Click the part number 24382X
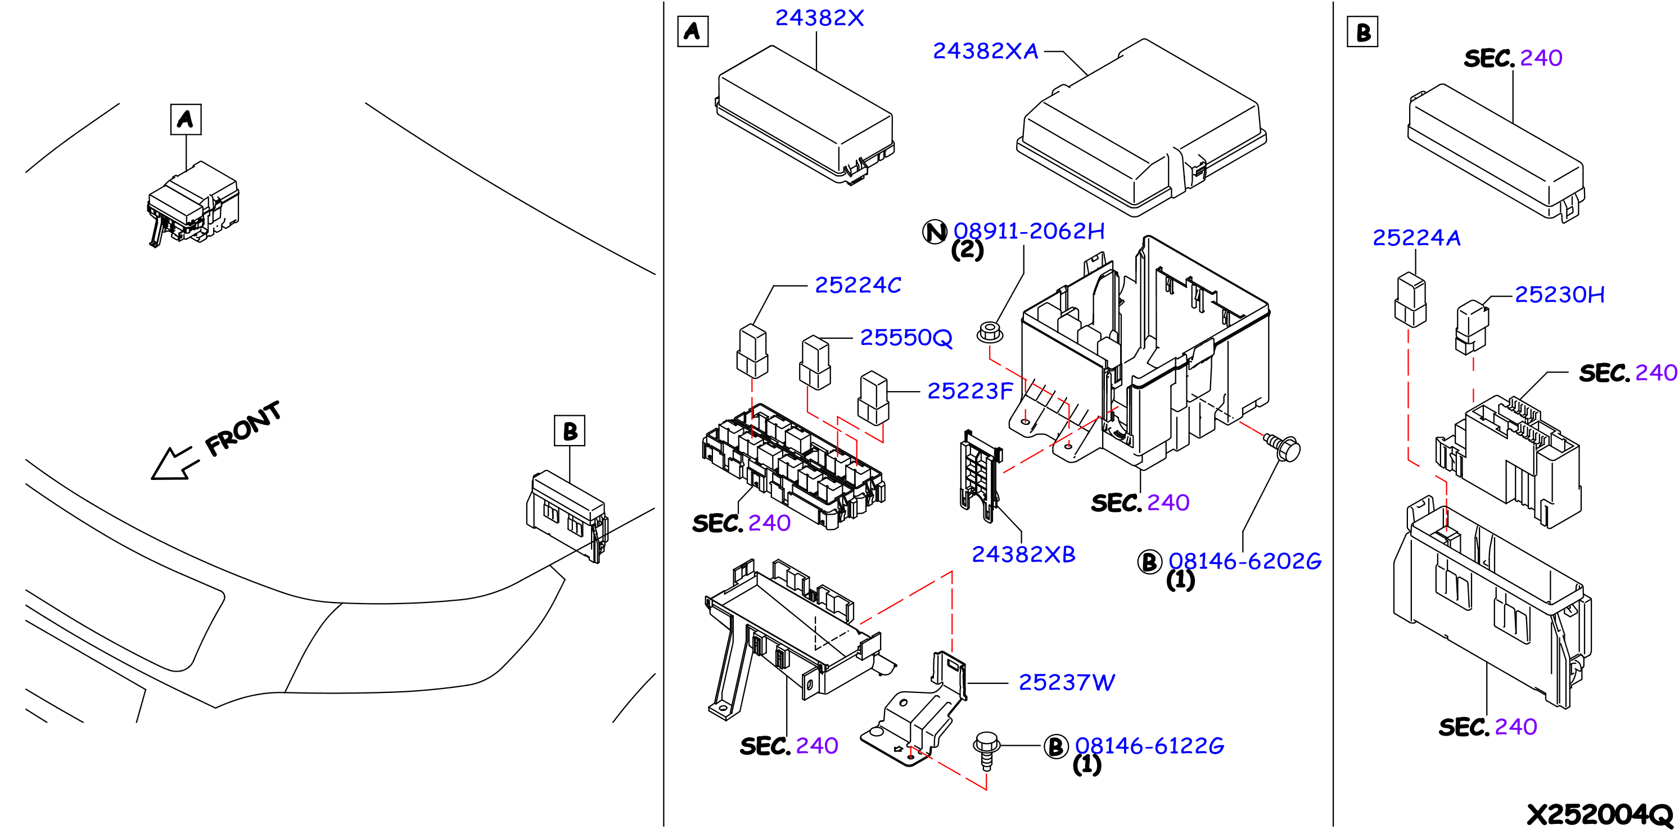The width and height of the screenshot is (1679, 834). pyautogui.click(x=819, y=18)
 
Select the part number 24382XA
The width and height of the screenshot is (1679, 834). pyautogui.click(x=986, y=51)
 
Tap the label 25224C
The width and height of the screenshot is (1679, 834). pyautogui.click(x=857, y=285)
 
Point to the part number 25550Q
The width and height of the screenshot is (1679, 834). pyautogui.click(x=906, y=338)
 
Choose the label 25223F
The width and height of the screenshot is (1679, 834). pyautogui.click(x=970, y=391)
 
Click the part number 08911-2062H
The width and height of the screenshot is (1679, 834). pyautogui.click(x=1029, y=230)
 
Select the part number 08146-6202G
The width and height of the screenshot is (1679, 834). pyautogui.click(x=1245, y=561)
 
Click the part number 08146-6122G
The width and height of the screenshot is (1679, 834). pyautogui.click(x=1150, y=746)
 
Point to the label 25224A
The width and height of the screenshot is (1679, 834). pyautogui.click(x=1416, y=238)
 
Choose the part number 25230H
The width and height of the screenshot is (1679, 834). pyautogui.click(x=1559, y=294)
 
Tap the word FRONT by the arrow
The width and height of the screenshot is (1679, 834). pyautogui.click(x=243, y=429)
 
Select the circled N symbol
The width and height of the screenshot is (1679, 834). pyautogui.click(x=935, y=232)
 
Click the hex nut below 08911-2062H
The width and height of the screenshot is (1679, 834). pyautogui.click(x=990, y=332)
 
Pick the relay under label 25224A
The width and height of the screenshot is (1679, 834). pyautogui.click(x=1410, y=300)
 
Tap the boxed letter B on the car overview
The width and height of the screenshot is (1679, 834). pyautogui.click(x=570, y=430)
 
